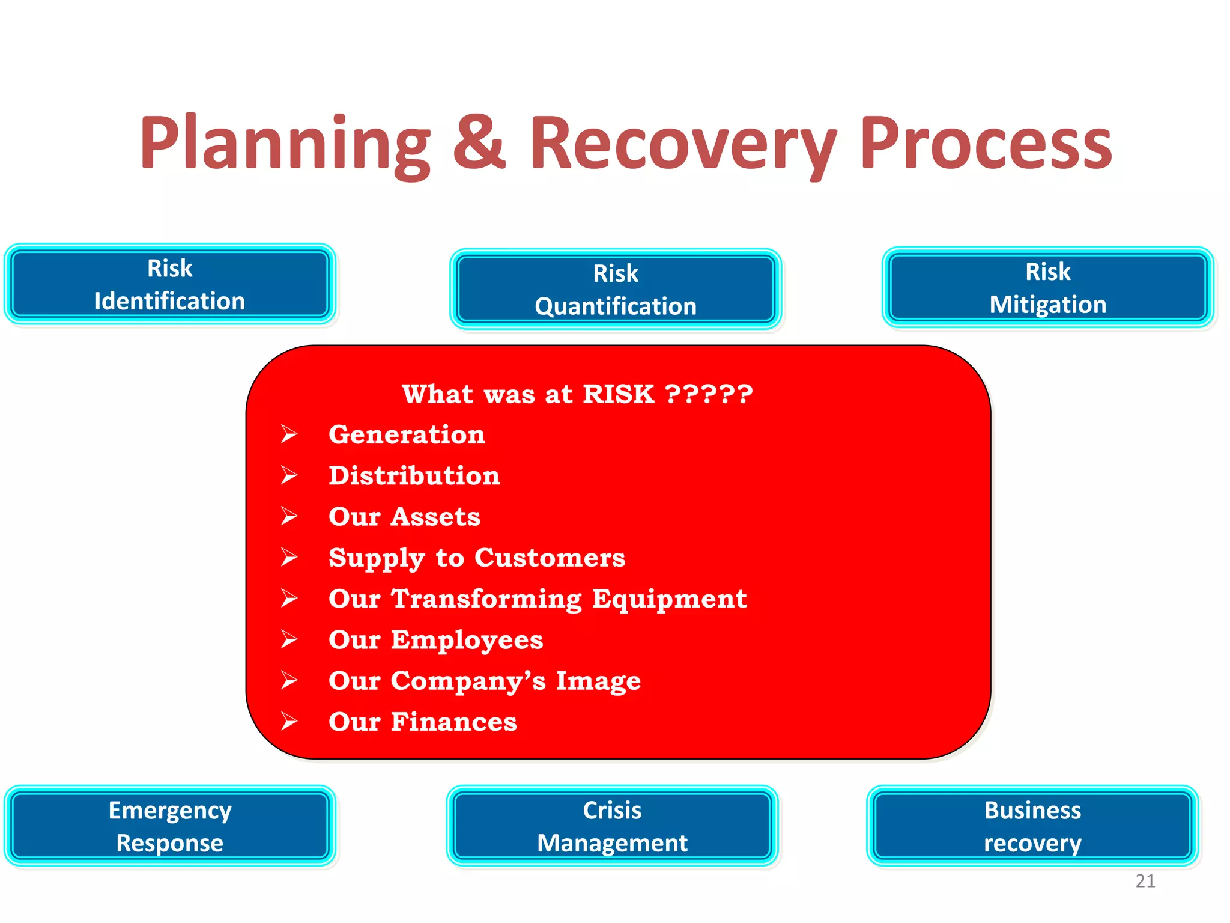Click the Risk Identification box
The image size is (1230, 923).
(170, 284)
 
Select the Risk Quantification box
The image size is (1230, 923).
(616, 289)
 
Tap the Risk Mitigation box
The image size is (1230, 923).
(1048, 287)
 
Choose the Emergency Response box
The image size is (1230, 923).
(170, 826)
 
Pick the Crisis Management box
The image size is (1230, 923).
(612, 826)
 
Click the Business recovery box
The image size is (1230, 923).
(1032, 826)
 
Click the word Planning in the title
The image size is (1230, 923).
(285, 144)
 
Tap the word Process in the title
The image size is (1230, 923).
(986, 144)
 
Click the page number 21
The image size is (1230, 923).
(1145, 881)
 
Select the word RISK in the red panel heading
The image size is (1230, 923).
(618, 394)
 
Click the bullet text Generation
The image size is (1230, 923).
(407, 434)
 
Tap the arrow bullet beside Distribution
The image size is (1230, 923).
(289, 475)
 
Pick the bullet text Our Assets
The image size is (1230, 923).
(404, 517)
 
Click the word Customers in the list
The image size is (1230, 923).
(550, 558)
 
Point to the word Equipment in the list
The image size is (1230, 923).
(669, 599)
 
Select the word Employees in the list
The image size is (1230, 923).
(467, 640)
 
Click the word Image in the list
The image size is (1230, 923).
(598, 681)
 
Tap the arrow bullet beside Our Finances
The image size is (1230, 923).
(289, 721)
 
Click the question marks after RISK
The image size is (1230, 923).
(709, 394)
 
